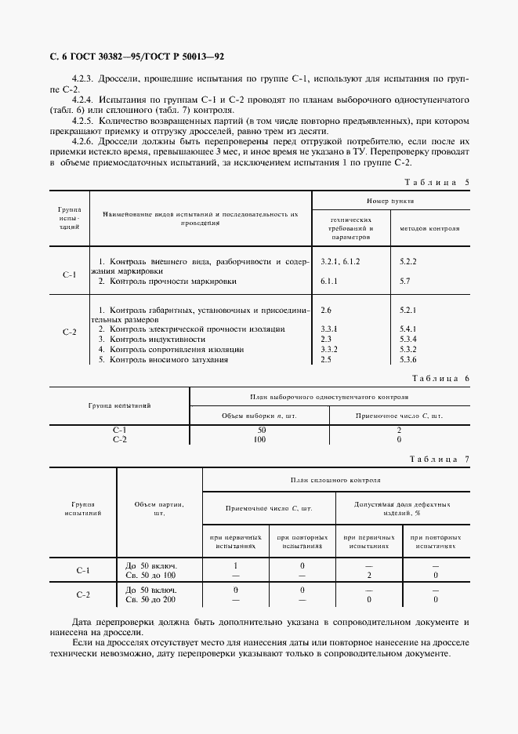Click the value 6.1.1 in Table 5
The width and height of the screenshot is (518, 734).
coord(330,280)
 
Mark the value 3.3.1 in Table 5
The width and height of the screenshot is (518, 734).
coord(330,329)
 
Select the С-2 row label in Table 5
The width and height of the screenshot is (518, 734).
coord(69,332)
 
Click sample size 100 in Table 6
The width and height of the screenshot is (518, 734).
coord(259,440)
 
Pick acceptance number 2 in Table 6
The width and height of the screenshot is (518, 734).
coord(399,431)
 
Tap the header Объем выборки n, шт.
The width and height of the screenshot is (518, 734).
coord(259,416)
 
